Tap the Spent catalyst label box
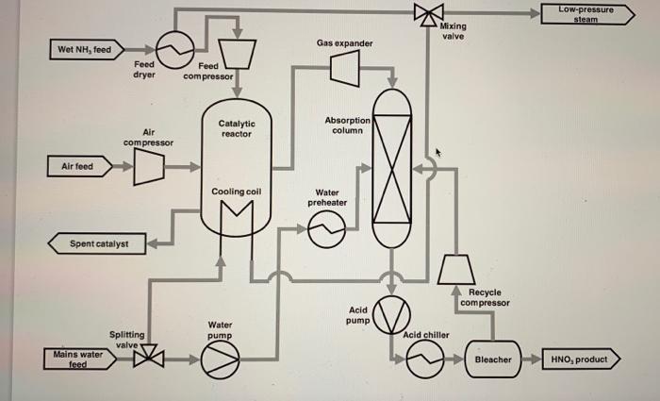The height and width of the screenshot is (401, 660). pos(94,244)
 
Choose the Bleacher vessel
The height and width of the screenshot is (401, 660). pos(492,359)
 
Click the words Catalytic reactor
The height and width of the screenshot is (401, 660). pos(237,128)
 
